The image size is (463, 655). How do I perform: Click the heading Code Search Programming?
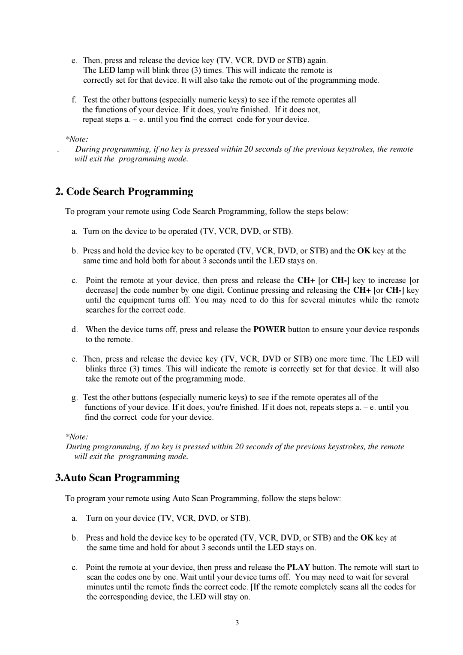(124, 192)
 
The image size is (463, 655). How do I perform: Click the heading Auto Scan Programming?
(117, 478)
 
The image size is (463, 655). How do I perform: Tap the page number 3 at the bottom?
(237, 622)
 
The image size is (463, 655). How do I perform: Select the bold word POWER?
(270, 330)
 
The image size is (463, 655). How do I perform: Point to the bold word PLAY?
(298, 568)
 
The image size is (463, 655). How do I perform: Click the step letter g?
(75, 398)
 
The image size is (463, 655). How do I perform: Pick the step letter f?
(74, 100)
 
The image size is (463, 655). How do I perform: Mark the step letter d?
(75, 330)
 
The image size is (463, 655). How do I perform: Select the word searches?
(99, 310)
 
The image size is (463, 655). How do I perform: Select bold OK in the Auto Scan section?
(367, 538)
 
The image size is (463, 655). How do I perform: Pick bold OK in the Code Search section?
(364, 251)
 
